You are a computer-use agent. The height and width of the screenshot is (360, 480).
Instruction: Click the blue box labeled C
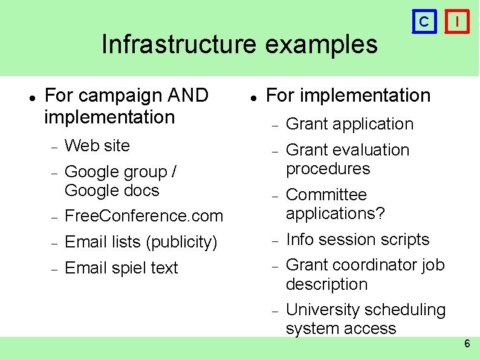pos(424,22)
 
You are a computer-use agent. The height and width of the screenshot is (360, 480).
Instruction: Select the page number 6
pos(467,344)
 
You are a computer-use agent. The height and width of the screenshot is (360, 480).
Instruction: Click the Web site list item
pos(97,146)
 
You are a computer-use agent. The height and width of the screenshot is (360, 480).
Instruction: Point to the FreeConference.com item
pos(143,216)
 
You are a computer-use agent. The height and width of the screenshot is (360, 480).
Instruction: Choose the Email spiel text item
pos(121,268)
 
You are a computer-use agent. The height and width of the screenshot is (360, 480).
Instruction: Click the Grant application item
pos(349,124)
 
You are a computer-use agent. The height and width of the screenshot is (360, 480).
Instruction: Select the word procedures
pos(328,169)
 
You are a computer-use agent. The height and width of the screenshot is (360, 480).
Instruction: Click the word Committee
pos(326,195)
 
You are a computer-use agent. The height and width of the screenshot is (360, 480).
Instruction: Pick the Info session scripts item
pos(357,240)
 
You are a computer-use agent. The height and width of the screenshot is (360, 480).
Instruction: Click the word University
pos(323,310)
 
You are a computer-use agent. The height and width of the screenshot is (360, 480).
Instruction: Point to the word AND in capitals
pos(189,96)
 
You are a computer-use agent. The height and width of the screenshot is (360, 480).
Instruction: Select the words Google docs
pos(111,191)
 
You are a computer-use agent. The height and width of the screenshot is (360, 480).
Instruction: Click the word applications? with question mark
pos(335,214)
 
